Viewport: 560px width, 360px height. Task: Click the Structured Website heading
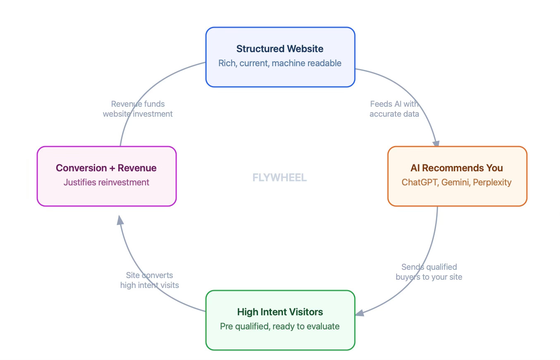pos(280,49)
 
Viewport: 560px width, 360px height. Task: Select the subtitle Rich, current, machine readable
pos(280,63)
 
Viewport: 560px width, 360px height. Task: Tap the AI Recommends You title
pos(457,168)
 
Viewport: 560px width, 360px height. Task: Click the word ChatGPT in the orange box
pos(420,182)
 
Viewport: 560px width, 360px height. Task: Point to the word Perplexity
pos(492,182)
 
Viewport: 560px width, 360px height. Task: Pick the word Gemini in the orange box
pos(455,182)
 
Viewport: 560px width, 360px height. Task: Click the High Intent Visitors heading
pos(280,312)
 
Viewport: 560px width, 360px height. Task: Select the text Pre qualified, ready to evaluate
pos(280,326)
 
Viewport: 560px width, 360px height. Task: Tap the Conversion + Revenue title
pos(106,168)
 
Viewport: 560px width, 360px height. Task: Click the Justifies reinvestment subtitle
pos(106,182)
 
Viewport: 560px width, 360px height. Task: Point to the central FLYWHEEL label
pos(280,178)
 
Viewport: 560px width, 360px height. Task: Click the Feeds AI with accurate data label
pos(394,109)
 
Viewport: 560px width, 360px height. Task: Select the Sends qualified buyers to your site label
pos(429,272)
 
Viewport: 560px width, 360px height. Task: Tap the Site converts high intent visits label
pos(149,280)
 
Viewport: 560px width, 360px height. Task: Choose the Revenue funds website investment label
pos(138,109)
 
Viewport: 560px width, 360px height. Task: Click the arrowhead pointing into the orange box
pos(436,143)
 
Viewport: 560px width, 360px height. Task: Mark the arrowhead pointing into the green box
pos(360,312)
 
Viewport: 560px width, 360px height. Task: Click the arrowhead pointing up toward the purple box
pos(120,220)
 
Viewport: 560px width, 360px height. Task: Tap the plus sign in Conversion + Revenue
pos(112,168)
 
